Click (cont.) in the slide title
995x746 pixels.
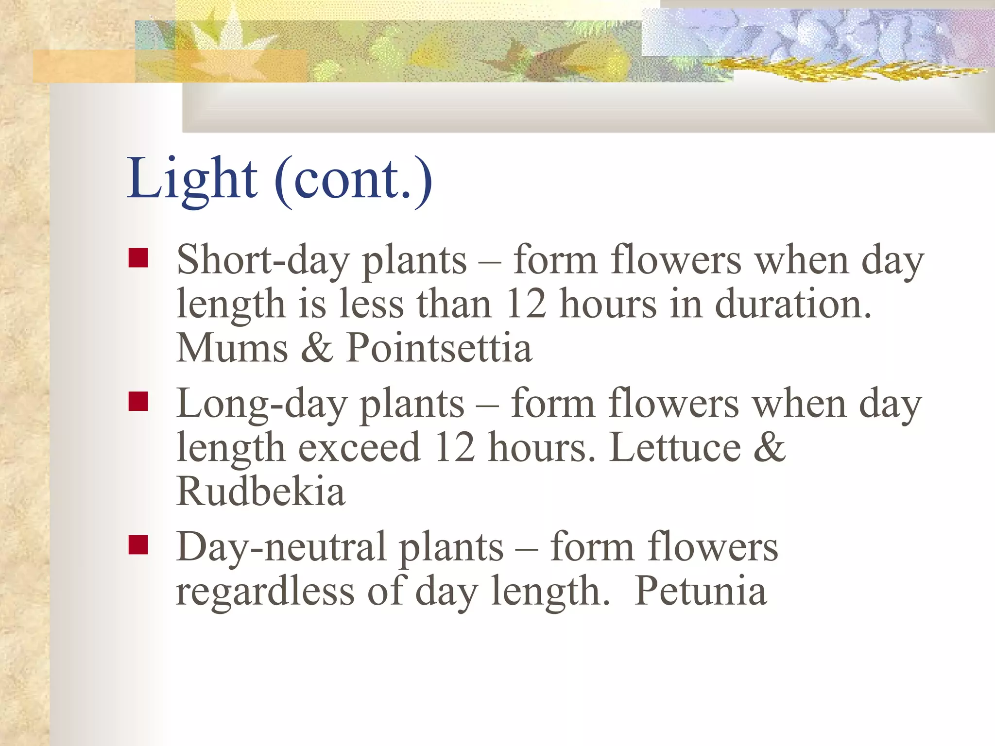353,181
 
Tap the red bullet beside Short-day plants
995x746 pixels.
138,258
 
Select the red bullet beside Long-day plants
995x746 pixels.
138,402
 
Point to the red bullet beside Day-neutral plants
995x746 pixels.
138,545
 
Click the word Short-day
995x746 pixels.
263,261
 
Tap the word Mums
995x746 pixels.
232,348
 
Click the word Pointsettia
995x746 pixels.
439,348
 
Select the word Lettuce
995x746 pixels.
675,448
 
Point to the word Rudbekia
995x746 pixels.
260,492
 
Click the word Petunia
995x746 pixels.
701,591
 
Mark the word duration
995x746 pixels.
793,305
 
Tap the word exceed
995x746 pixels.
359,448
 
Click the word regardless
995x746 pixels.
265,591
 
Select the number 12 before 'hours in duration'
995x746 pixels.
526,305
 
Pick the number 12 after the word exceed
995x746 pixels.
455,448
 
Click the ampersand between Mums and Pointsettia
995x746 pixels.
317,348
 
